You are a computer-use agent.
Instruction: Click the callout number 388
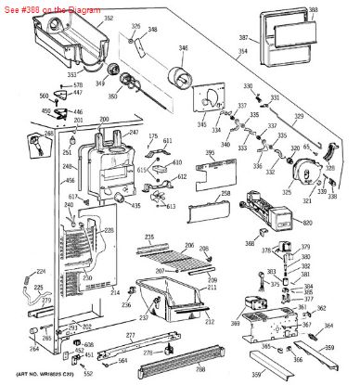[x=339, y=9]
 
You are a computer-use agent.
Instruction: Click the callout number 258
[x=225, y=194]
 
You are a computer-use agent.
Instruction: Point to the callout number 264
[x=33, y=348]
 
